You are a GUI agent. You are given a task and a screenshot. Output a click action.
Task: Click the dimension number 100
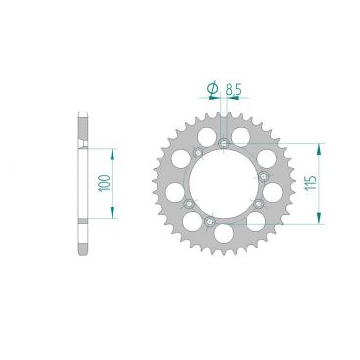pyautogui.click(x=105, y=183)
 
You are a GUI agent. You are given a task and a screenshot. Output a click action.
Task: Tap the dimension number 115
pyautogui.click(x=311, y=183)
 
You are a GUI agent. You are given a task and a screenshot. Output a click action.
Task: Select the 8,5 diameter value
pyautogui.click(x=233, y=89)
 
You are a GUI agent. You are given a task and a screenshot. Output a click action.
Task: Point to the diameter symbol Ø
pyautogui.click(x=212, y=89)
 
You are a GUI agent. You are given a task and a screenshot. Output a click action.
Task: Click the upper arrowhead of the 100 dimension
pyautogui.click(x=112, y=154)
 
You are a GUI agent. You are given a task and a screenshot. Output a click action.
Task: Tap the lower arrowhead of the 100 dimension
pyautogui.click(x=112, y=212)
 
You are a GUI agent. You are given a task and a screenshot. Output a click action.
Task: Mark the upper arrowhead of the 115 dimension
pyautogui.click(x=319, y=149)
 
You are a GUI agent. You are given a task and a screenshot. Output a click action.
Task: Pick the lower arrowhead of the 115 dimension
pyautogui.click(x=319, y=218)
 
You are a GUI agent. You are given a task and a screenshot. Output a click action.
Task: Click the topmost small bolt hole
pyautogui.click(x=224, y=143)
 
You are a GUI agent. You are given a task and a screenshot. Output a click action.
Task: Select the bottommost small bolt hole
pyautogui.click(x=209, y=222)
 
